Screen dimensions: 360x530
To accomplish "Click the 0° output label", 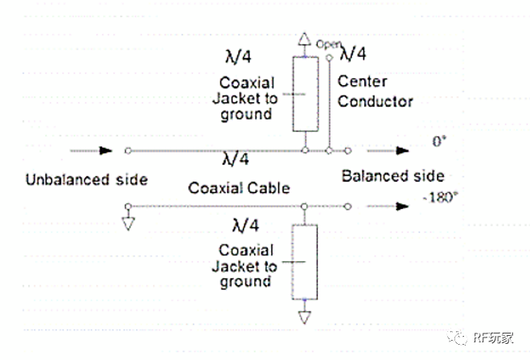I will [x=438, y=142].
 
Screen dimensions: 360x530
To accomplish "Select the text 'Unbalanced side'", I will [x=86, y=179].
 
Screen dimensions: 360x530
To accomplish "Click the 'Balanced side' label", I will [x=392, y=176].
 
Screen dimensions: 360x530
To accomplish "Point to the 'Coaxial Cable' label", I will [x=239, y=188].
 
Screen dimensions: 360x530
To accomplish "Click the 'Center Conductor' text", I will [x=375, y=92].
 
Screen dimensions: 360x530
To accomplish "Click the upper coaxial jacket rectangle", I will [x=304, y=93].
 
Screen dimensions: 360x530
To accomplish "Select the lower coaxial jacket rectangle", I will [x=304, y=262].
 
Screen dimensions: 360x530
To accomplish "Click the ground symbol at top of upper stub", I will [x=304, y=40].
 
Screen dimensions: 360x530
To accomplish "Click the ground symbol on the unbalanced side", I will [x=128, y=220].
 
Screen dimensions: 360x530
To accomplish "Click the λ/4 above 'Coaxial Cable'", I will [x=233, y=159].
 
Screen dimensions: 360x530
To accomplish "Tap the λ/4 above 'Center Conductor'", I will [x=354, y=54].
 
